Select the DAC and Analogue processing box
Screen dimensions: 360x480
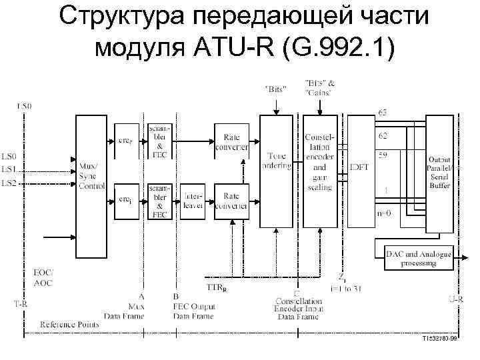(x=418, y=259)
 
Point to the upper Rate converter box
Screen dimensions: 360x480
(x=231, y=141)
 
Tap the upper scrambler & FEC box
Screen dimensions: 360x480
(x=161, y=141)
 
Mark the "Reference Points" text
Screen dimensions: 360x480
(x=69, y=324)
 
